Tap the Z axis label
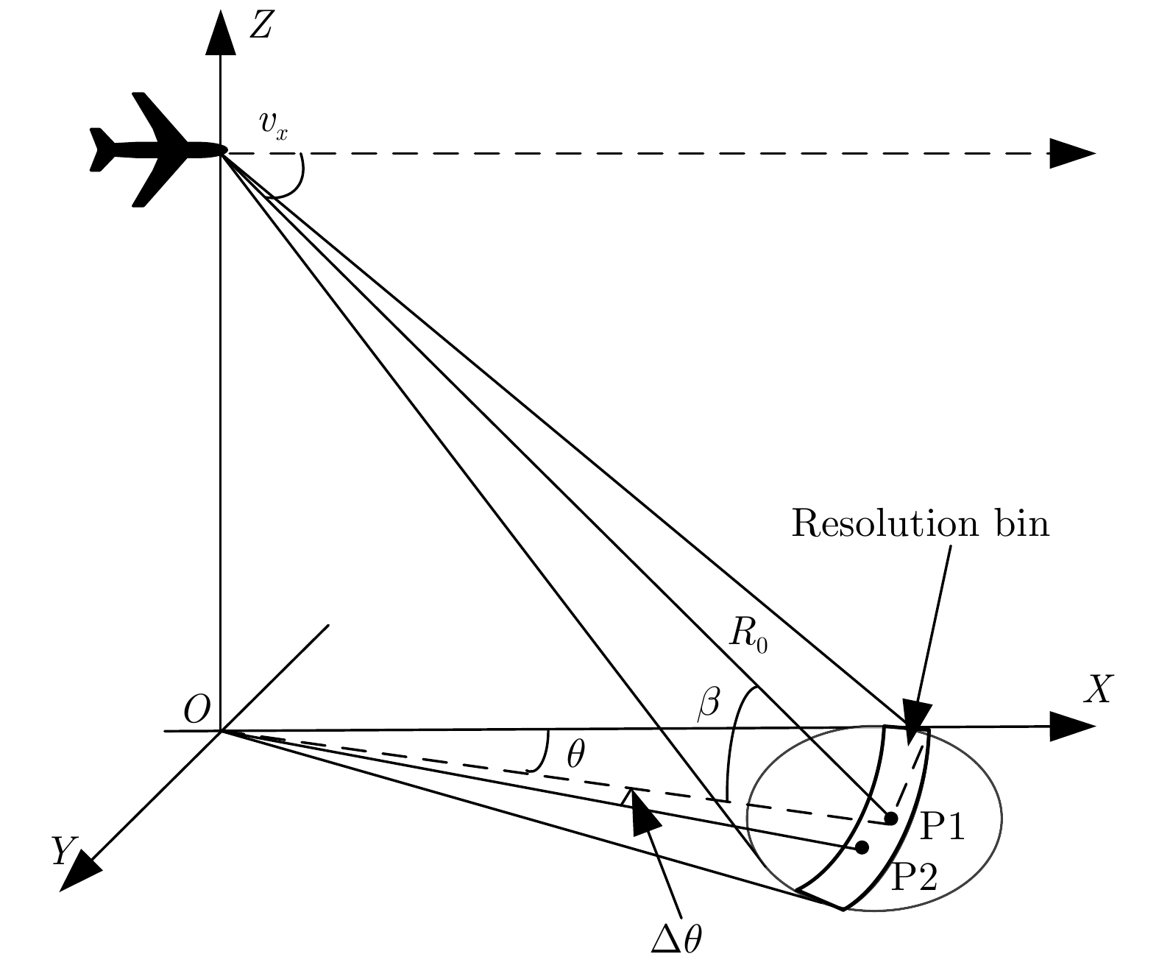(x=262, y=25)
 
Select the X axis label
(x=1097, y=690)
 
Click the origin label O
(x=196, y=710)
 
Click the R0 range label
(x=748, y=635)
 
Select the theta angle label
(x=575, y=755)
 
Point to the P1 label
(x=943, y=827)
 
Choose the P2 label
(x=914, y=877)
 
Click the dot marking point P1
(x=890, y=819)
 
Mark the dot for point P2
(x=862, y=847)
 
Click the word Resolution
(x=879, y=524)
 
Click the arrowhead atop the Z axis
(x=220, y=35)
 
